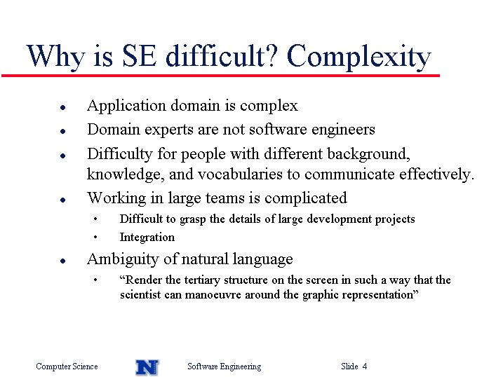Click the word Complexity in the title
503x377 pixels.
pyautogui.click(x=358, y=57)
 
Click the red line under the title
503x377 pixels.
pyautogui.click(x=220, y=76)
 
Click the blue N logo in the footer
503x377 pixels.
pyautogui.click(x=147, y=367)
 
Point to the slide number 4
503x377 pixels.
pyautogui.click(x=364, y=366)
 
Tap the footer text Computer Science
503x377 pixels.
pyautogui.click(x=67, y=366)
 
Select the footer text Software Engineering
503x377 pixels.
pyautogui.click(x=224, y=366)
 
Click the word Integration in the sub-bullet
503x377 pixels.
pyautogui.click(x=147, y=238)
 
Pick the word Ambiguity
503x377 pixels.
pyautogui.click(x=123, y=259)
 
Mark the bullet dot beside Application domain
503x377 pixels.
pyautogui.click(x=63, y=108)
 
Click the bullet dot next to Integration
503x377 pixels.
pyautogui.click(x=95, y=238)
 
